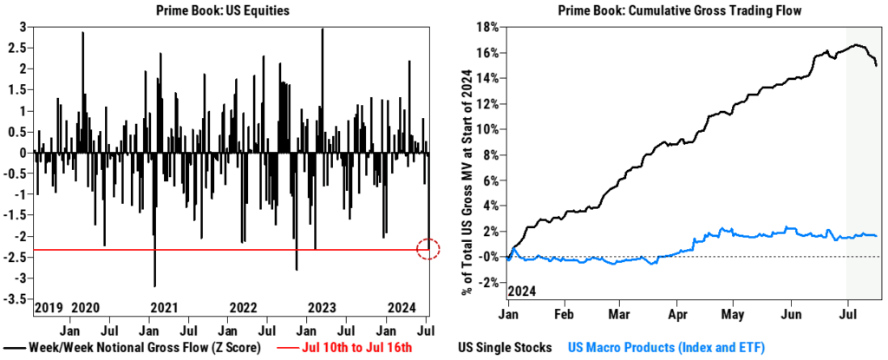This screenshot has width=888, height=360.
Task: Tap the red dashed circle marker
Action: point(429,249)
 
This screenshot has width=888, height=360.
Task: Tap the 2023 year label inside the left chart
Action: point(322,308)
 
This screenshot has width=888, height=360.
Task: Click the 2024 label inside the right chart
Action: point(521,289)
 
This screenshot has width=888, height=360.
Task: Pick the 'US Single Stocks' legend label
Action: point(505,348)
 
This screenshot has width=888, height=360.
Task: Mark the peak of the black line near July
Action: point(855,45)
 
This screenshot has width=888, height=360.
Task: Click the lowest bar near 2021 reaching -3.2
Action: point(155,285)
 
